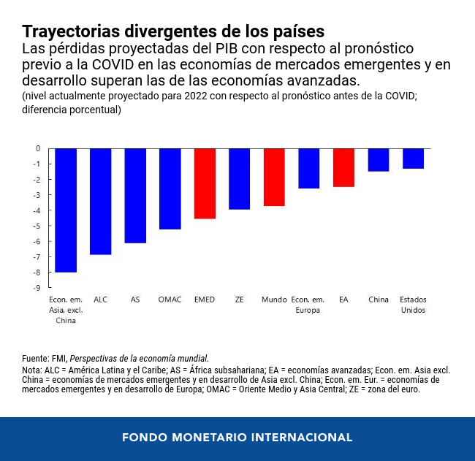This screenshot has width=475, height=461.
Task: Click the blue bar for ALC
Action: click(101, 202)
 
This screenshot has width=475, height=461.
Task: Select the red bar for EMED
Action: click(205, 183)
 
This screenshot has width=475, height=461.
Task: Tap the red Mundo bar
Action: click(274, 178)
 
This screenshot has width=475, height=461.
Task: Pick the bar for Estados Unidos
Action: click(413, 159)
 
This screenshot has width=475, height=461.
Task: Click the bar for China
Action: click(379, 160)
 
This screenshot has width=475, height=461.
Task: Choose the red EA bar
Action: click(344, 168)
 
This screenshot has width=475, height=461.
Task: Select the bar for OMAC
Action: click(170, 189)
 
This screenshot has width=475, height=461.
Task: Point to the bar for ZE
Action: click(239, 179)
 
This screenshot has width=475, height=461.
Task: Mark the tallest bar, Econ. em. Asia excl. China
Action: click(66, 210)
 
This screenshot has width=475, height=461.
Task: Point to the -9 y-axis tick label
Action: click(37, 288)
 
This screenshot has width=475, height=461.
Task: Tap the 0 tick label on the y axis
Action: click(38, 148)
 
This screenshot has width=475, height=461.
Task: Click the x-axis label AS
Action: click(135, 300)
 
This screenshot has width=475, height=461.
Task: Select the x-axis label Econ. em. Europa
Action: click(308, 305)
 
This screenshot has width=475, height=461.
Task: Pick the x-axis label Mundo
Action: click(274, 300)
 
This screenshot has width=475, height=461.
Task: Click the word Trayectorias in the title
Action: click(71, 32)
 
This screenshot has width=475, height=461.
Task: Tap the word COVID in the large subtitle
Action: click(113, 64)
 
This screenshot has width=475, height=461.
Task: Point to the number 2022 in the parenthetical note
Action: click(196, 96)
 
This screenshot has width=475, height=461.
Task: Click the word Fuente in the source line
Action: click(35, 359)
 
